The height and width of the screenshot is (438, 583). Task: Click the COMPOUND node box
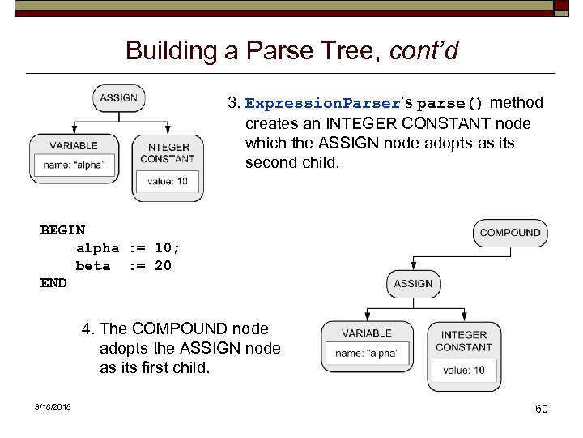pyautogui.click(x=510, y=233)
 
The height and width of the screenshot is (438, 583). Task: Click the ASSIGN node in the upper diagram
pyautogui.click(x=119, y=98)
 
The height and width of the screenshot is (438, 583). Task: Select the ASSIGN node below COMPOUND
pyautogui.click(x=413, y=284)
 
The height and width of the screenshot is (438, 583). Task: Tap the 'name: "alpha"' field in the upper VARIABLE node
pyautogui.click(x=74, y=165)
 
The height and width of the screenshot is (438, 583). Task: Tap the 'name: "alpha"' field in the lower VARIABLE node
pyautogui.click(x=367, y=353)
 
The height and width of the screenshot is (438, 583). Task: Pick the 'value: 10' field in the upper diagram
pyautogui.click(x=168, y=181)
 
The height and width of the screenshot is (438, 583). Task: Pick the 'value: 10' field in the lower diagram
pyautogui.click(x=464, y=371)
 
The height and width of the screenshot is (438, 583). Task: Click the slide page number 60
pyautogui.click(x=541, y=409)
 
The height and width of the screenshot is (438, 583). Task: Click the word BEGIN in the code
pyautogui.click(x=62, y=230)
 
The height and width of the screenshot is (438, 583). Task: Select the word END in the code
pyautogui.click(x=53, y=283)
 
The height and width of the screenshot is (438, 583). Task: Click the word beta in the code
pyautogui.click(x=93, y=266)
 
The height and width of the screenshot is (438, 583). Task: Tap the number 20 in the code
pyautogui.click(x=163, y=266)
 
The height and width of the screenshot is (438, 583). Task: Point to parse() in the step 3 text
pyautogui.click(x=450, y=104)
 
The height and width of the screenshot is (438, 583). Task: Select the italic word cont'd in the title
pyautogui.click(x=423, y=51)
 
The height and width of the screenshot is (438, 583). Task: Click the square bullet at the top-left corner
pyautogui.click(x=19, y=7)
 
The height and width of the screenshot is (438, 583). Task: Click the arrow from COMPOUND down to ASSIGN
pyautogui.click(x=511, y=258)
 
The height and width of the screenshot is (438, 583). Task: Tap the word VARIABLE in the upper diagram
pyautogui.click(x=74, y=146)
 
